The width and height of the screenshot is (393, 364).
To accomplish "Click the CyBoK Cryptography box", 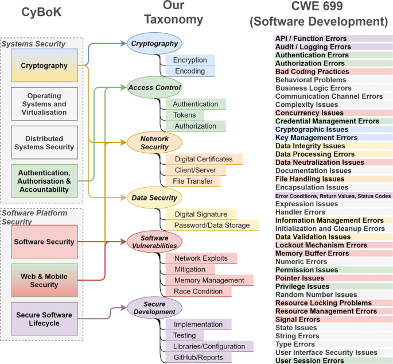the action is pos(44,65).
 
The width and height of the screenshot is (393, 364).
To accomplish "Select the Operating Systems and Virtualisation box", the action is pos(44,104).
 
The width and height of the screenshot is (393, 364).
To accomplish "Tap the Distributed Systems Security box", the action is pos(44,143).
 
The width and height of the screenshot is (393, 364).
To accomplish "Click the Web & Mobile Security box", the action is pos(44,281).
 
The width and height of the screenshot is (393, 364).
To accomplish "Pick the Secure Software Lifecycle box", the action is pos(44,319).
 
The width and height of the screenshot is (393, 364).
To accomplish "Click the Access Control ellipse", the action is pos(155,87).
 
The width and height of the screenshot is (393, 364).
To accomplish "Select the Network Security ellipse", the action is pos(154,144).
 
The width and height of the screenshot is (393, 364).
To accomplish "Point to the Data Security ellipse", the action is pos(154,198).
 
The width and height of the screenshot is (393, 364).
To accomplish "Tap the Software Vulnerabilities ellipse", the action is pos(154,242).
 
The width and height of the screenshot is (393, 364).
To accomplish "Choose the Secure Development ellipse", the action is pos(155,308).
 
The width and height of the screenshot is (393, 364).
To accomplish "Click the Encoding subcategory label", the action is pos(190,71).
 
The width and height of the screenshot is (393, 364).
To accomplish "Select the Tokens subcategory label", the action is pos(185,115).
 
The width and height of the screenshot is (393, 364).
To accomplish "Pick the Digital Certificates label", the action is pos(204,159).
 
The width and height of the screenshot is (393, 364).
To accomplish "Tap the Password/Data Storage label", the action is pos(212,225).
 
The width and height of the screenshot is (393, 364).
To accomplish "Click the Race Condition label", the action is pos(199,291).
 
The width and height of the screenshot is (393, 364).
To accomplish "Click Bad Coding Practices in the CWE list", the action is pos(312,71).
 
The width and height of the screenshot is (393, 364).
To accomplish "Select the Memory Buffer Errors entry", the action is pos(313,253).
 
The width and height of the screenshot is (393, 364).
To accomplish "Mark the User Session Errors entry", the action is pos(310,361).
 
